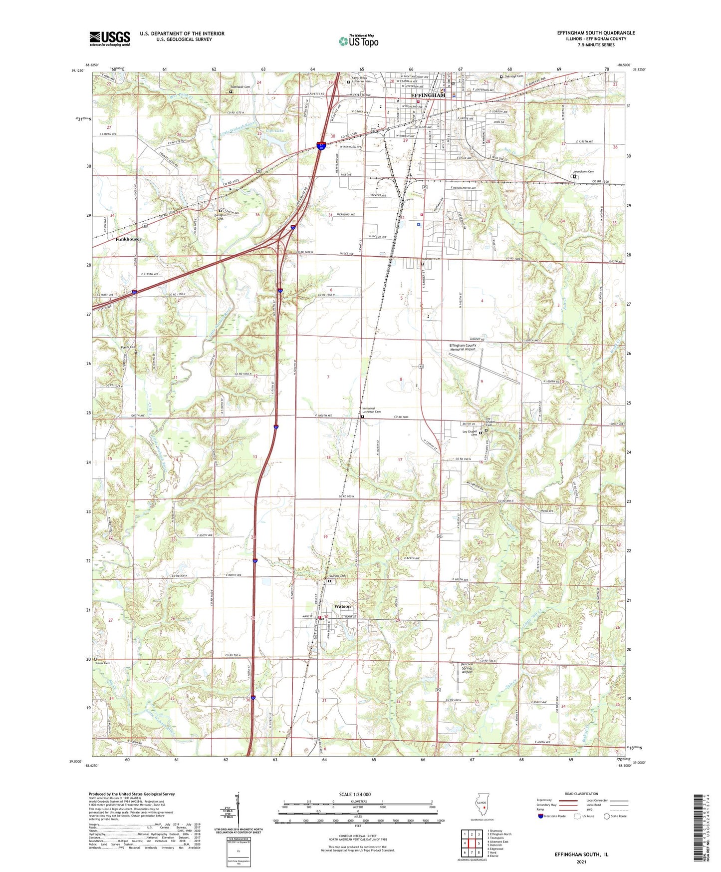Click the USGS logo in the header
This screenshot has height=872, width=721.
pos(110,38)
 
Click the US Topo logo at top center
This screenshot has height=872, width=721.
pos(358,41)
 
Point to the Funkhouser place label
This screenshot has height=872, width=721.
pos(128,239)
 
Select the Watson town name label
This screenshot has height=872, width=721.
pos(342,606)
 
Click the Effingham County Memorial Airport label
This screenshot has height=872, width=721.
pos(463,347)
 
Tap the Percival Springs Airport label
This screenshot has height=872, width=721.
pos(467,668)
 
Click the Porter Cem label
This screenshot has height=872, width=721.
pos(128,347)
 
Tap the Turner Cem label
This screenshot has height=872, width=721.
pos(102,663)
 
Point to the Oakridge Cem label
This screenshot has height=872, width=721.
pos(514,76)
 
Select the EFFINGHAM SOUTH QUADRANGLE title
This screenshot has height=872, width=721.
pos(596,33)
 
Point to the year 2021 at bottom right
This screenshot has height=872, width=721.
pos(581,862)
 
